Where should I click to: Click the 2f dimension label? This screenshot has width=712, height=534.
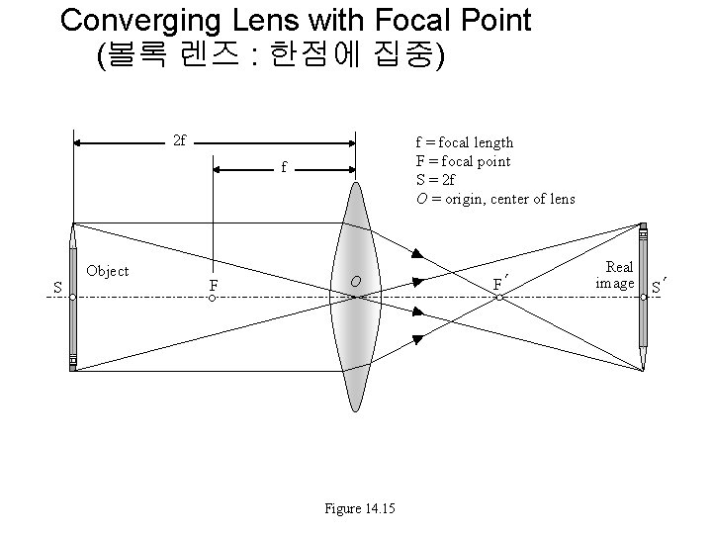pyautogui.click(x=179, y=141)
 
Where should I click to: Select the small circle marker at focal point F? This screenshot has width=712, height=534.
pyautogui.click(x=213, y=297)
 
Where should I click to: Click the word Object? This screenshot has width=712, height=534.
pyautogui.click(x=108, y=270)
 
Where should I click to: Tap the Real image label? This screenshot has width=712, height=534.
pyautogui.click(x=618, y=276)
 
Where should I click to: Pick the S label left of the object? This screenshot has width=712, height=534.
pyautogui.click(x=57, y=288)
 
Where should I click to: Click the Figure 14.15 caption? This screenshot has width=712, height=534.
pyautogui.click(x=360, y=509)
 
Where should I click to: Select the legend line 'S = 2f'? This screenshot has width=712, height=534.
pyautogui.click(x=435, y=180)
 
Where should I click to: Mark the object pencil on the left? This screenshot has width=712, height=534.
pyautogui.click(x=72, y=297)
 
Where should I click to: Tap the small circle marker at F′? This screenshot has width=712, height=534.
pyautogui.click(x=500, y=297)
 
